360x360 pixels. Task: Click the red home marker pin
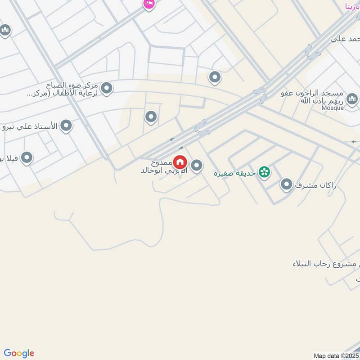[180, 162]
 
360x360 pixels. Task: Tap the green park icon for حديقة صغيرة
[265, 172]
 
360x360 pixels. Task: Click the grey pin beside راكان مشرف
[286, 184]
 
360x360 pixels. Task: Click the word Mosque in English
[333, 108]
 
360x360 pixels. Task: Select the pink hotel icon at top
[148, 4]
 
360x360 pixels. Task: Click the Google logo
[19, 353]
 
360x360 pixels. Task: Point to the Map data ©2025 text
[336, 355]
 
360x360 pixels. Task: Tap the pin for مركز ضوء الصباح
[107, 88]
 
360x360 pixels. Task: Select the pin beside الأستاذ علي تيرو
[66, 126]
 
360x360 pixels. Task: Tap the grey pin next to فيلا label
[27, 158]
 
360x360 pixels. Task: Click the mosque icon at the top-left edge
[5, 31]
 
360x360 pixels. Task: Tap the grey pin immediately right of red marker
[196, 166]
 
